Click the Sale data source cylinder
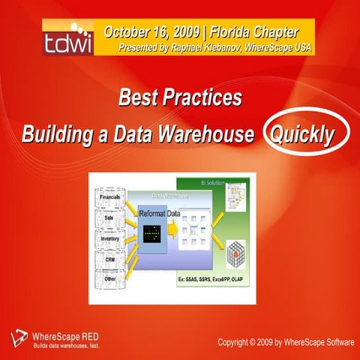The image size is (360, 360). pos(109,220)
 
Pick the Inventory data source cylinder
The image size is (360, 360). pos(109,240)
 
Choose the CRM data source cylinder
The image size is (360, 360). pos(109,259)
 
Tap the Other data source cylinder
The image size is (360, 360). pos(109,280)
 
